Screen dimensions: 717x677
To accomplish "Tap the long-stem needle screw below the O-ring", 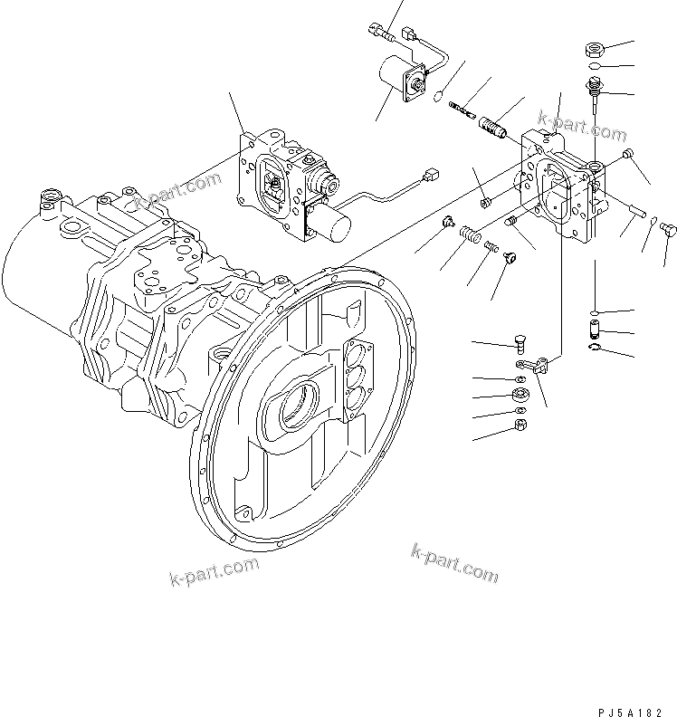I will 596,91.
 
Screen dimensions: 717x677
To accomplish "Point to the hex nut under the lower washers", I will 520,424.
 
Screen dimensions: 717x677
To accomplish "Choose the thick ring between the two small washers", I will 521,394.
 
